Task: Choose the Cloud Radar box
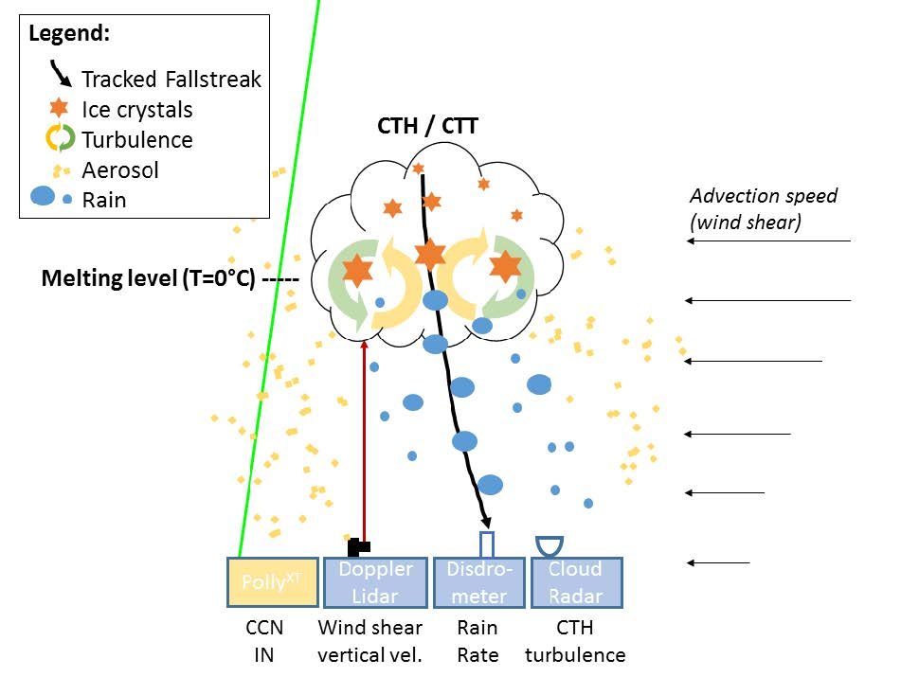pyautogui.click(x=575, y=582)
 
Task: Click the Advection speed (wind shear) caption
pyautogui.click(x=763, y=208)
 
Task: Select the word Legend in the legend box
pyautogui.click(x=69, y=33)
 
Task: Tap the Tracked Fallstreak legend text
pyautogui.click(x=171, y=79)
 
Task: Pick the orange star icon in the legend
pyautogui.click(x=60, y=109)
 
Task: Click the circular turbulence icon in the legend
pyautogui.click(x=60, y=139)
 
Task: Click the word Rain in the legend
pyautogui.click(x=103, y=200)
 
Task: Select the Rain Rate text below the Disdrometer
pyautogui.click(x=477, y=640)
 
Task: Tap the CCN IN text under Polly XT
pyautogui.click(x=263, y=640)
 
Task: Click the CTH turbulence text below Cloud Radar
pyautogui.click(x=575, y=640)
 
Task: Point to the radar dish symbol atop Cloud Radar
pyautogui.click(x=550, y=544)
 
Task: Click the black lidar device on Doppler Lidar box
pyautogui.click(x=359, y=546)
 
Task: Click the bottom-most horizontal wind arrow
pyautogui.click(x=718, y=563)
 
